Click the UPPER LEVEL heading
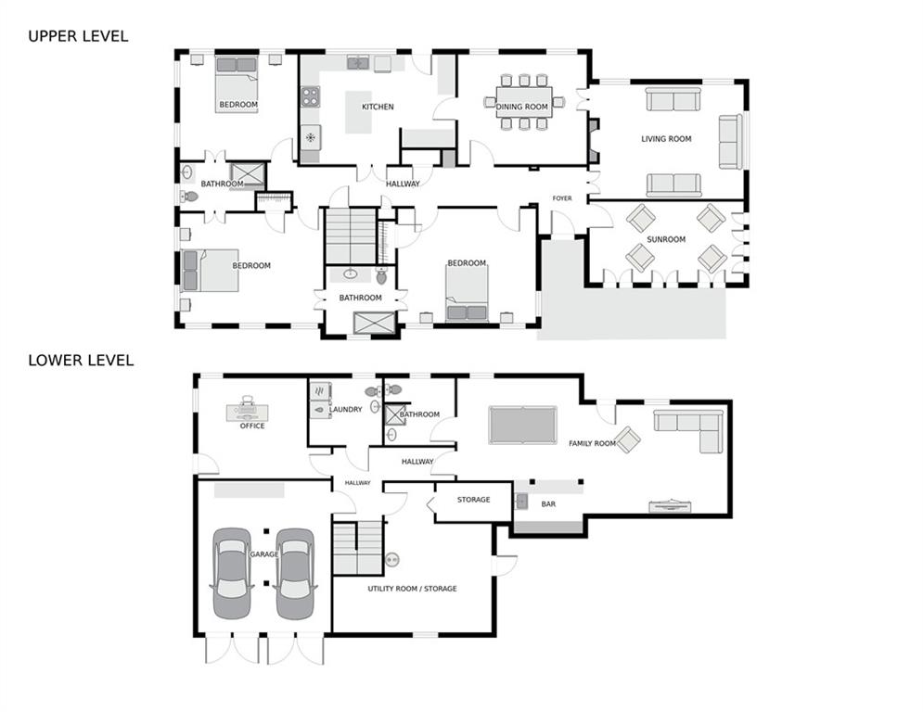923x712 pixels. (x=78, y=36)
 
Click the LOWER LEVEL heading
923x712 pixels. (x=82, y=360)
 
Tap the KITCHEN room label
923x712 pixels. (x=378, y=107)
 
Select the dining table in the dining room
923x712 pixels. (x=524, y=102)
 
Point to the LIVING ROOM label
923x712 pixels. (x=666, y=139)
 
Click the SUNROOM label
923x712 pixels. (x=666, y=239)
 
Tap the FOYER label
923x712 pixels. (x=562, y=198)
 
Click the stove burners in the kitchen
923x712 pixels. (x=311, y=96)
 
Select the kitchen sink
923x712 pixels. (x=357, y=63)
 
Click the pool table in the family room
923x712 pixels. (x=522, y=425)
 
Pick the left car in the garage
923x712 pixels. (x=232, y=573)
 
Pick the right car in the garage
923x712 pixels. (x=295, y=573)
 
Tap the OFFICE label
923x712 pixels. (x=252, y=426)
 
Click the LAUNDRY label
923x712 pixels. (x=345, y=410)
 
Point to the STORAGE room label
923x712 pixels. (x=474, y=500)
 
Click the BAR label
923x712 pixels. (x=548, y=504)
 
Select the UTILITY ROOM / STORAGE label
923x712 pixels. (x=412, y=589)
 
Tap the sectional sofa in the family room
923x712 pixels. (x=688, y=428)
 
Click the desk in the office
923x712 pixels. (x=248, y=412)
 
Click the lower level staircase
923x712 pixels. (x=358, y=548)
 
